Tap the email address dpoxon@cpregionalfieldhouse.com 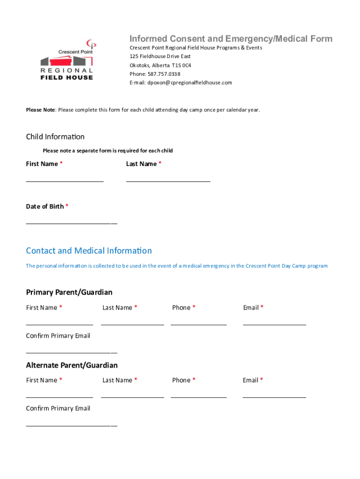(x=189, y=83)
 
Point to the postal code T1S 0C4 (x=181, y=65)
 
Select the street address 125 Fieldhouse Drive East (x=160, y=56)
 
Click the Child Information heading (x=55, y=137)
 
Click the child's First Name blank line (x=65, y=181)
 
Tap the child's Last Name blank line (x=168, y=181)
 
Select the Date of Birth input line (x=71, y=223)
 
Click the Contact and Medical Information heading (x=89, y=251)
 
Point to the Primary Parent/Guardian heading (x=69, y=292)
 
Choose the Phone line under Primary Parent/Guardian (x=199, y=324)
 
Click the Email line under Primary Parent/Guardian (x=274, y=324)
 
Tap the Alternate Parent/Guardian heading (x=72, y=365)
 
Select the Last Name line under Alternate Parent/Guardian (x=132, y=397)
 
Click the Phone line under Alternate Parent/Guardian (x=199, y=397)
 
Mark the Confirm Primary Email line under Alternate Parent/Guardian (x=71, y=425)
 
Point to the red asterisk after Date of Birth (x=67, y=206)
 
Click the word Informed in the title (x=148, y=39)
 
